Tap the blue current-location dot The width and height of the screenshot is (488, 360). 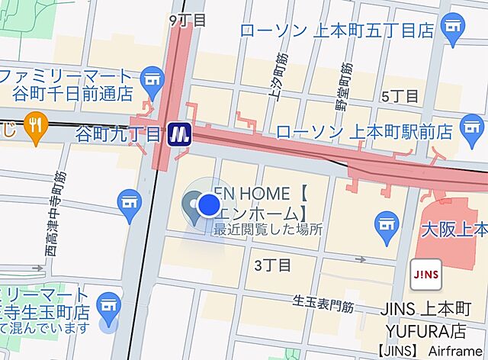click(x=209, y=204)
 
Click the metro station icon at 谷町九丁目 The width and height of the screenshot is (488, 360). click(x=181, y=133)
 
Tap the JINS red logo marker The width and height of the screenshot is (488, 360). click(x=425, y=275)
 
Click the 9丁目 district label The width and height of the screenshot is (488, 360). click(x=188, y=20)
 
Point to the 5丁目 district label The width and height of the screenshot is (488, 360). click(x=400, y=96)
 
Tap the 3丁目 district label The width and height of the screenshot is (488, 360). click(x=272, y=265)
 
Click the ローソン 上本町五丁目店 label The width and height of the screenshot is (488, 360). click(x=336, y=31)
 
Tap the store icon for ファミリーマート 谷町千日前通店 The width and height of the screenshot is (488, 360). click(x=153, y=79)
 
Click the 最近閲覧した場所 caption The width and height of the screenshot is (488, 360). click(x=268, y=229)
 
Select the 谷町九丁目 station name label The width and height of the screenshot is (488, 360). click(x=120, y=135)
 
